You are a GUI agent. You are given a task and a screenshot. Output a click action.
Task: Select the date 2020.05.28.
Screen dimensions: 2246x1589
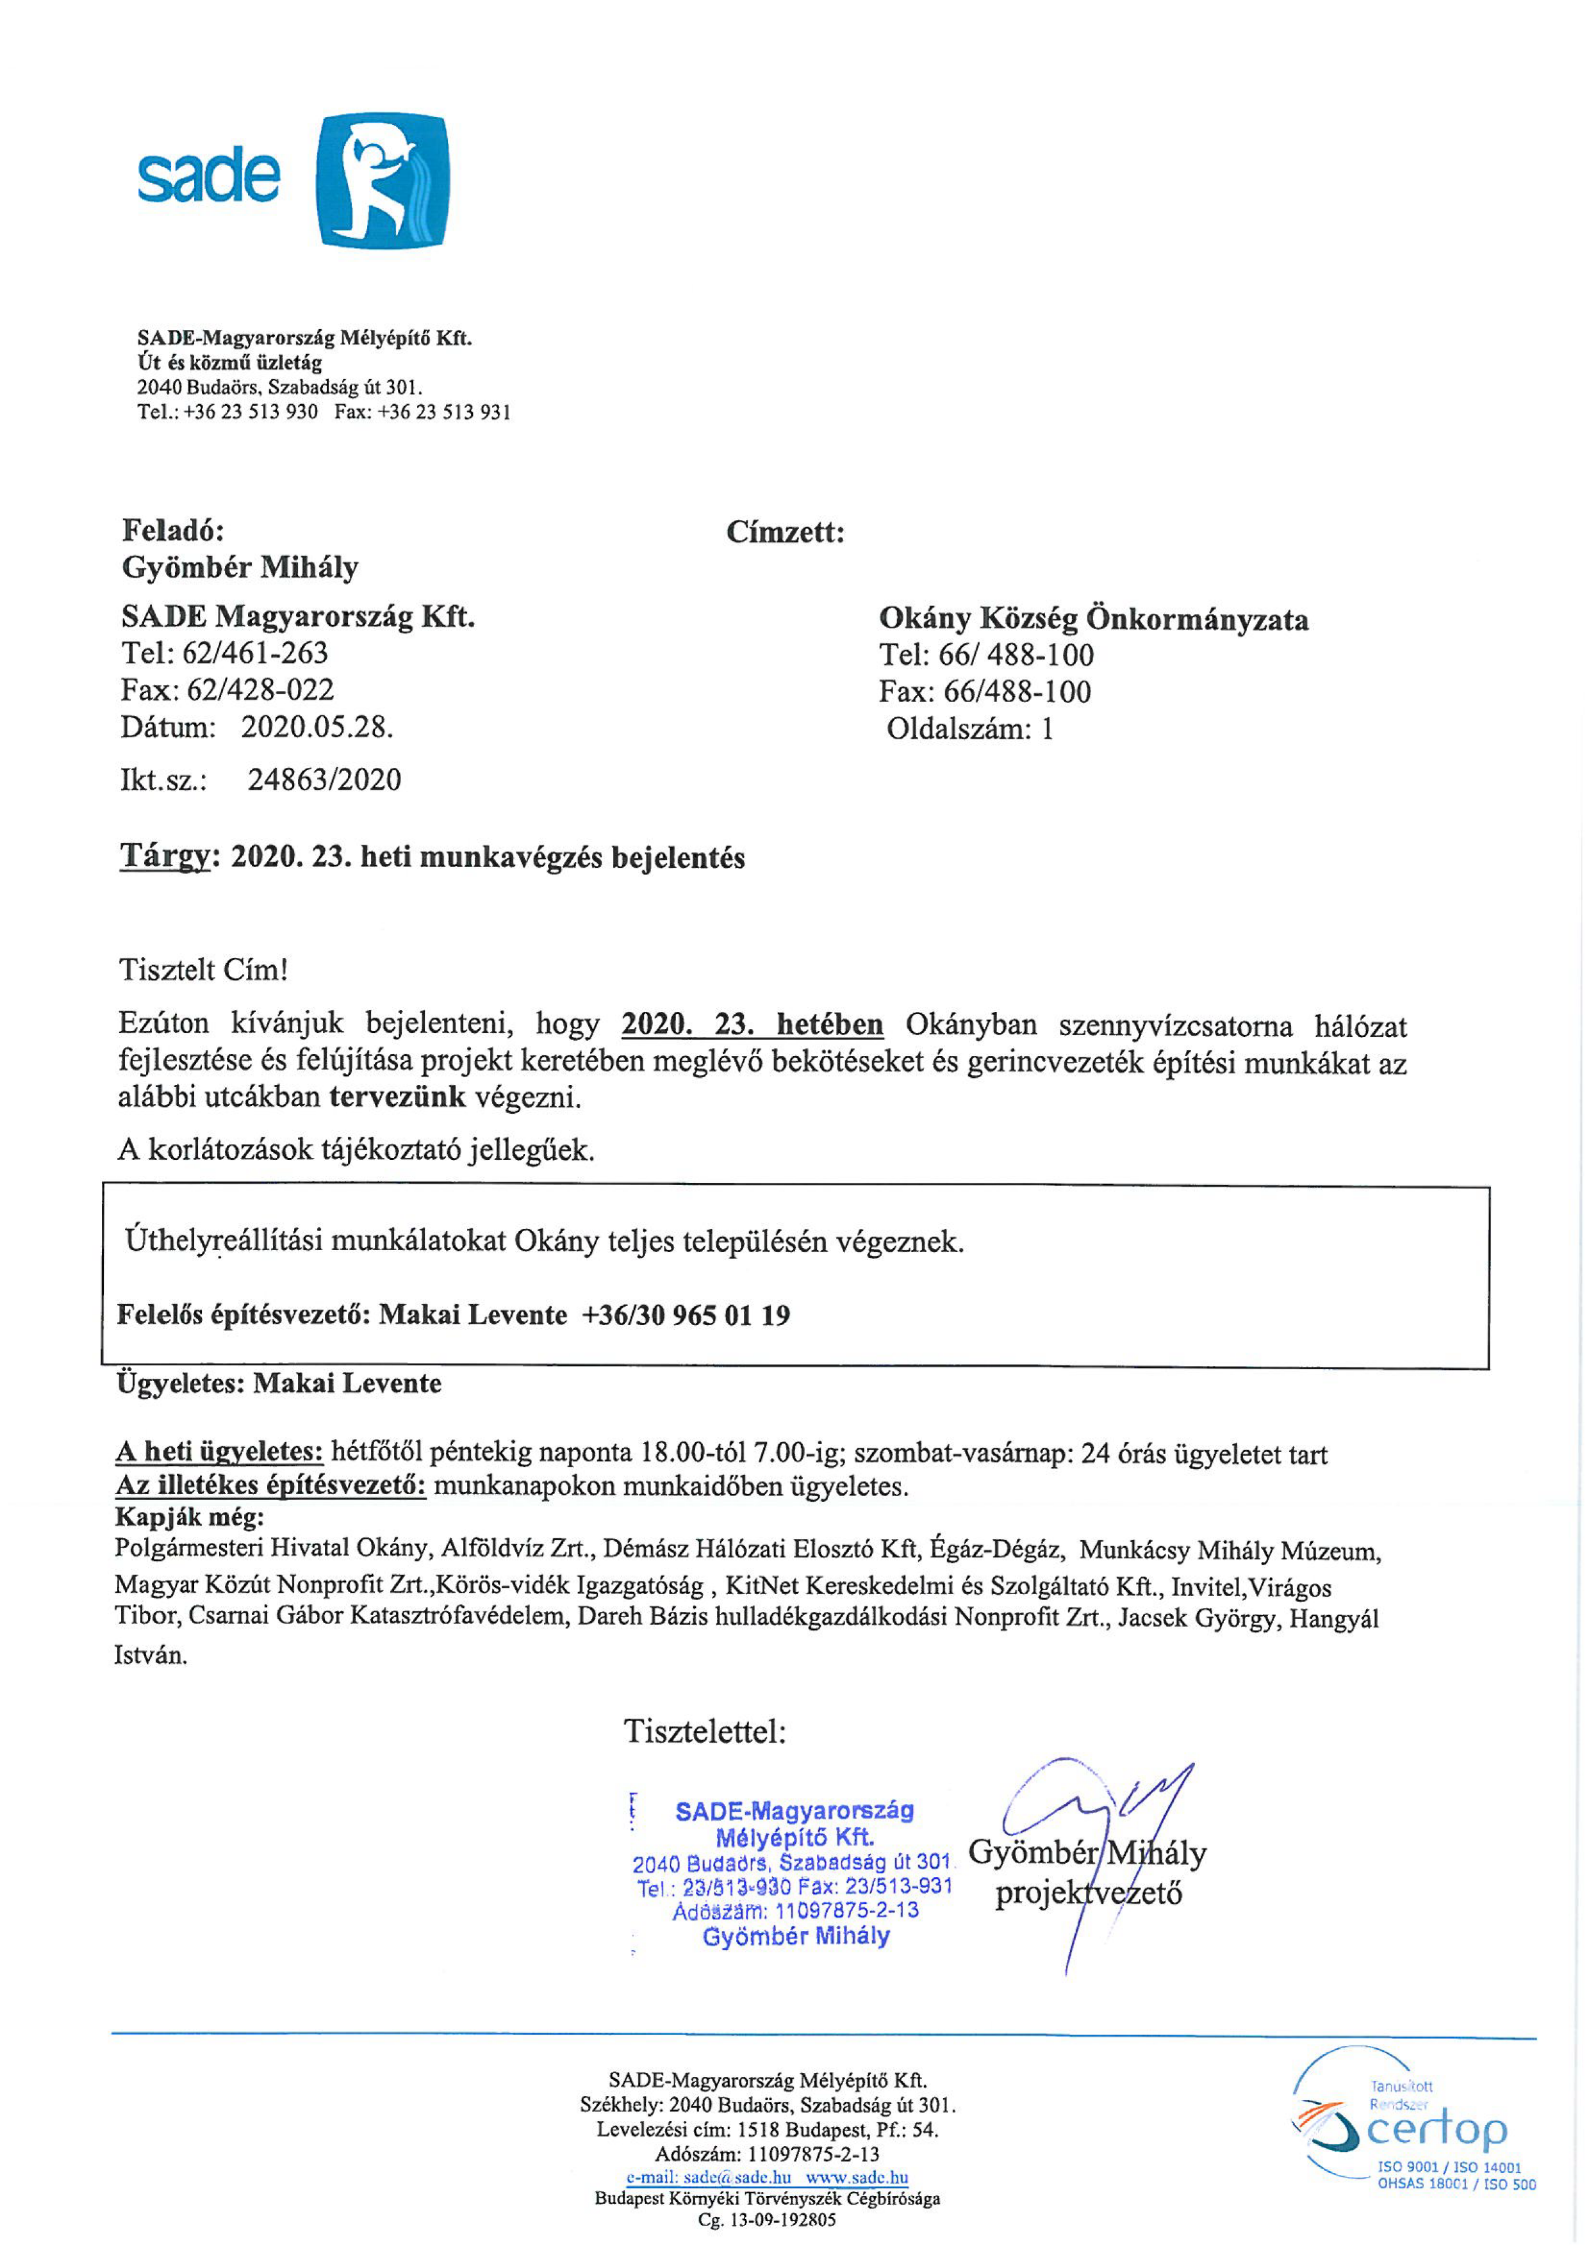(317, 727)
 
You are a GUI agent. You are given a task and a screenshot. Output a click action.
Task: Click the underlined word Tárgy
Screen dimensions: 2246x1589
(165, 856)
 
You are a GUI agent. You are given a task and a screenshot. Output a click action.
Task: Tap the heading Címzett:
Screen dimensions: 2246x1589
(785, 532)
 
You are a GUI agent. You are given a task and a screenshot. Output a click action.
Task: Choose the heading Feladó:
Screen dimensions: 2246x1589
(173, 530)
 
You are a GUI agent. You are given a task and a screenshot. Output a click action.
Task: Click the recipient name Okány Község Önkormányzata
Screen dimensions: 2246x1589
(1093, 619)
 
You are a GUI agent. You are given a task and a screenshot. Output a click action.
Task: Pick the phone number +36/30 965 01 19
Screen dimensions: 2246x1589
(686, 1315)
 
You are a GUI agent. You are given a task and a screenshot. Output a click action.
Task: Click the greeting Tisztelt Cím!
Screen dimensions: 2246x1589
(204, 970)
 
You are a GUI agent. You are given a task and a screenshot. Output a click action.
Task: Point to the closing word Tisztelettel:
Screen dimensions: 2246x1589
(705, 1732)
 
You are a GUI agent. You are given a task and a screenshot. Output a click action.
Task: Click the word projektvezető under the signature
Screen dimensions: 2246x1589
(1088, 1893)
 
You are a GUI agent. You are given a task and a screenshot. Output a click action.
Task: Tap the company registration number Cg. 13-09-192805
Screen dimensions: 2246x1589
(767, 2220)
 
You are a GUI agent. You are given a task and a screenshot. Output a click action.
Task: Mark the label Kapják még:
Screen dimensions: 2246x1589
(190, 1517)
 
